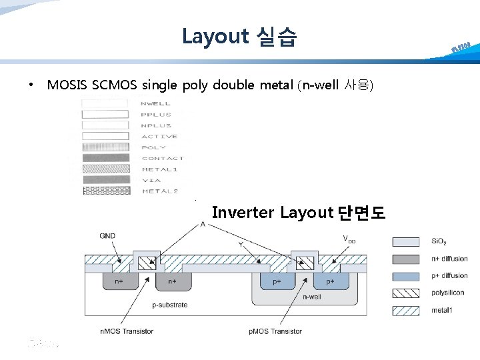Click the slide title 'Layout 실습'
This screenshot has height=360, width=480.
pos(239,36)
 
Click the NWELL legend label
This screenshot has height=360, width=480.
pos(157,103)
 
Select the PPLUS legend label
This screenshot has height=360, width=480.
pos(157,115)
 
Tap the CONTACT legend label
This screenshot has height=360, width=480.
pos(163,158)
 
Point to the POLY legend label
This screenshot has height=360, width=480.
pos(154,147)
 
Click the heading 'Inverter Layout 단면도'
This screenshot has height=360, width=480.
pos(298,213)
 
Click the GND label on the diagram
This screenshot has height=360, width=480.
pos(107,236)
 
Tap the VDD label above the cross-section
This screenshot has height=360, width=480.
pos(349,239)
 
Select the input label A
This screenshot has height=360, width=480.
pos(202,225)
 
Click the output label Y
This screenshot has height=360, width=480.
pos(241,245)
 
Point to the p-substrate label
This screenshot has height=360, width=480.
pos(169,305)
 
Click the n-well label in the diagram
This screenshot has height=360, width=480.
pos(313,297)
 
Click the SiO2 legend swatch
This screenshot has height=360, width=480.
pos(406,242)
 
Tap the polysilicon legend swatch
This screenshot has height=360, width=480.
pos(406,293)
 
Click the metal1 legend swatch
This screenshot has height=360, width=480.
pos(406,310)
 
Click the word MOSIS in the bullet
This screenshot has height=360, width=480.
pos(68,85)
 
